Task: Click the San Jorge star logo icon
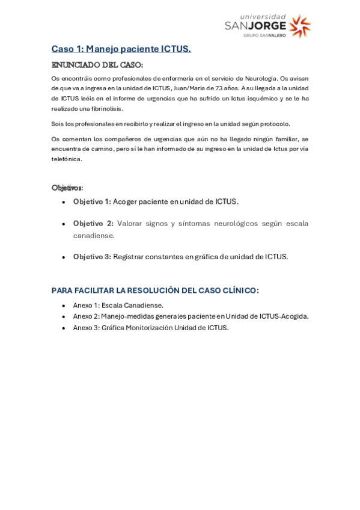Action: pos(300,26)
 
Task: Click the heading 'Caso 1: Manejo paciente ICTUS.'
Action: pos(121,49)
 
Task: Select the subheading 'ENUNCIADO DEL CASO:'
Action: pos(97,64)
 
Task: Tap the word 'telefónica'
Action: pos(66,159)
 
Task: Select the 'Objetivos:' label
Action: pos(67,188)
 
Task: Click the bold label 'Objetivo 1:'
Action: pos(92,201)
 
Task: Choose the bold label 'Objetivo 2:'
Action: pos(93,223)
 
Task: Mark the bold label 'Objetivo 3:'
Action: pos(92,256)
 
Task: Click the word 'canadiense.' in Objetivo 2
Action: pos(94,235)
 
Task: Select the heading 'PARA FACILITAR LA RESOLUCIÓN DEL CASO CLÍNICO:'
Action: pos(155,290)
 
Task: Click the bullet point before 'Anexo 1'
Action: pos(64,306)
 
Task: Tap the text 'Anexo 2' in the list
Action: pos(86,316)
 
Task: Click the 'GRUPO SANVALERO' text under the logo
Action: pos(264,35)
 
